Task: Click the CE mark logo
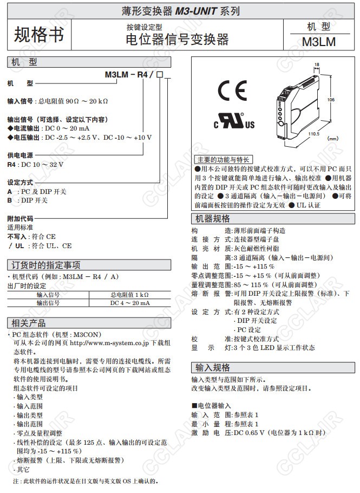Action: point(232,89)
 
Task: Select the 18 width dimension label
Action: point(317,64)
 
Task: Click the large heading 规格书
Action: point(38,35)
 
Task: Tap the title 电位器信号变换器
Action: point(177,39)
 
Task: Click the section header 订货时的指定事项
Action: point(47,265)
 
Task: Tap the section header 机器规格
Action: point(212,219)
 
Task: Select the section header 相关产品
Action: point(29,323)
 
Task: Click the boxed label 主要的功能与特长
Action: point(222,159)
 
